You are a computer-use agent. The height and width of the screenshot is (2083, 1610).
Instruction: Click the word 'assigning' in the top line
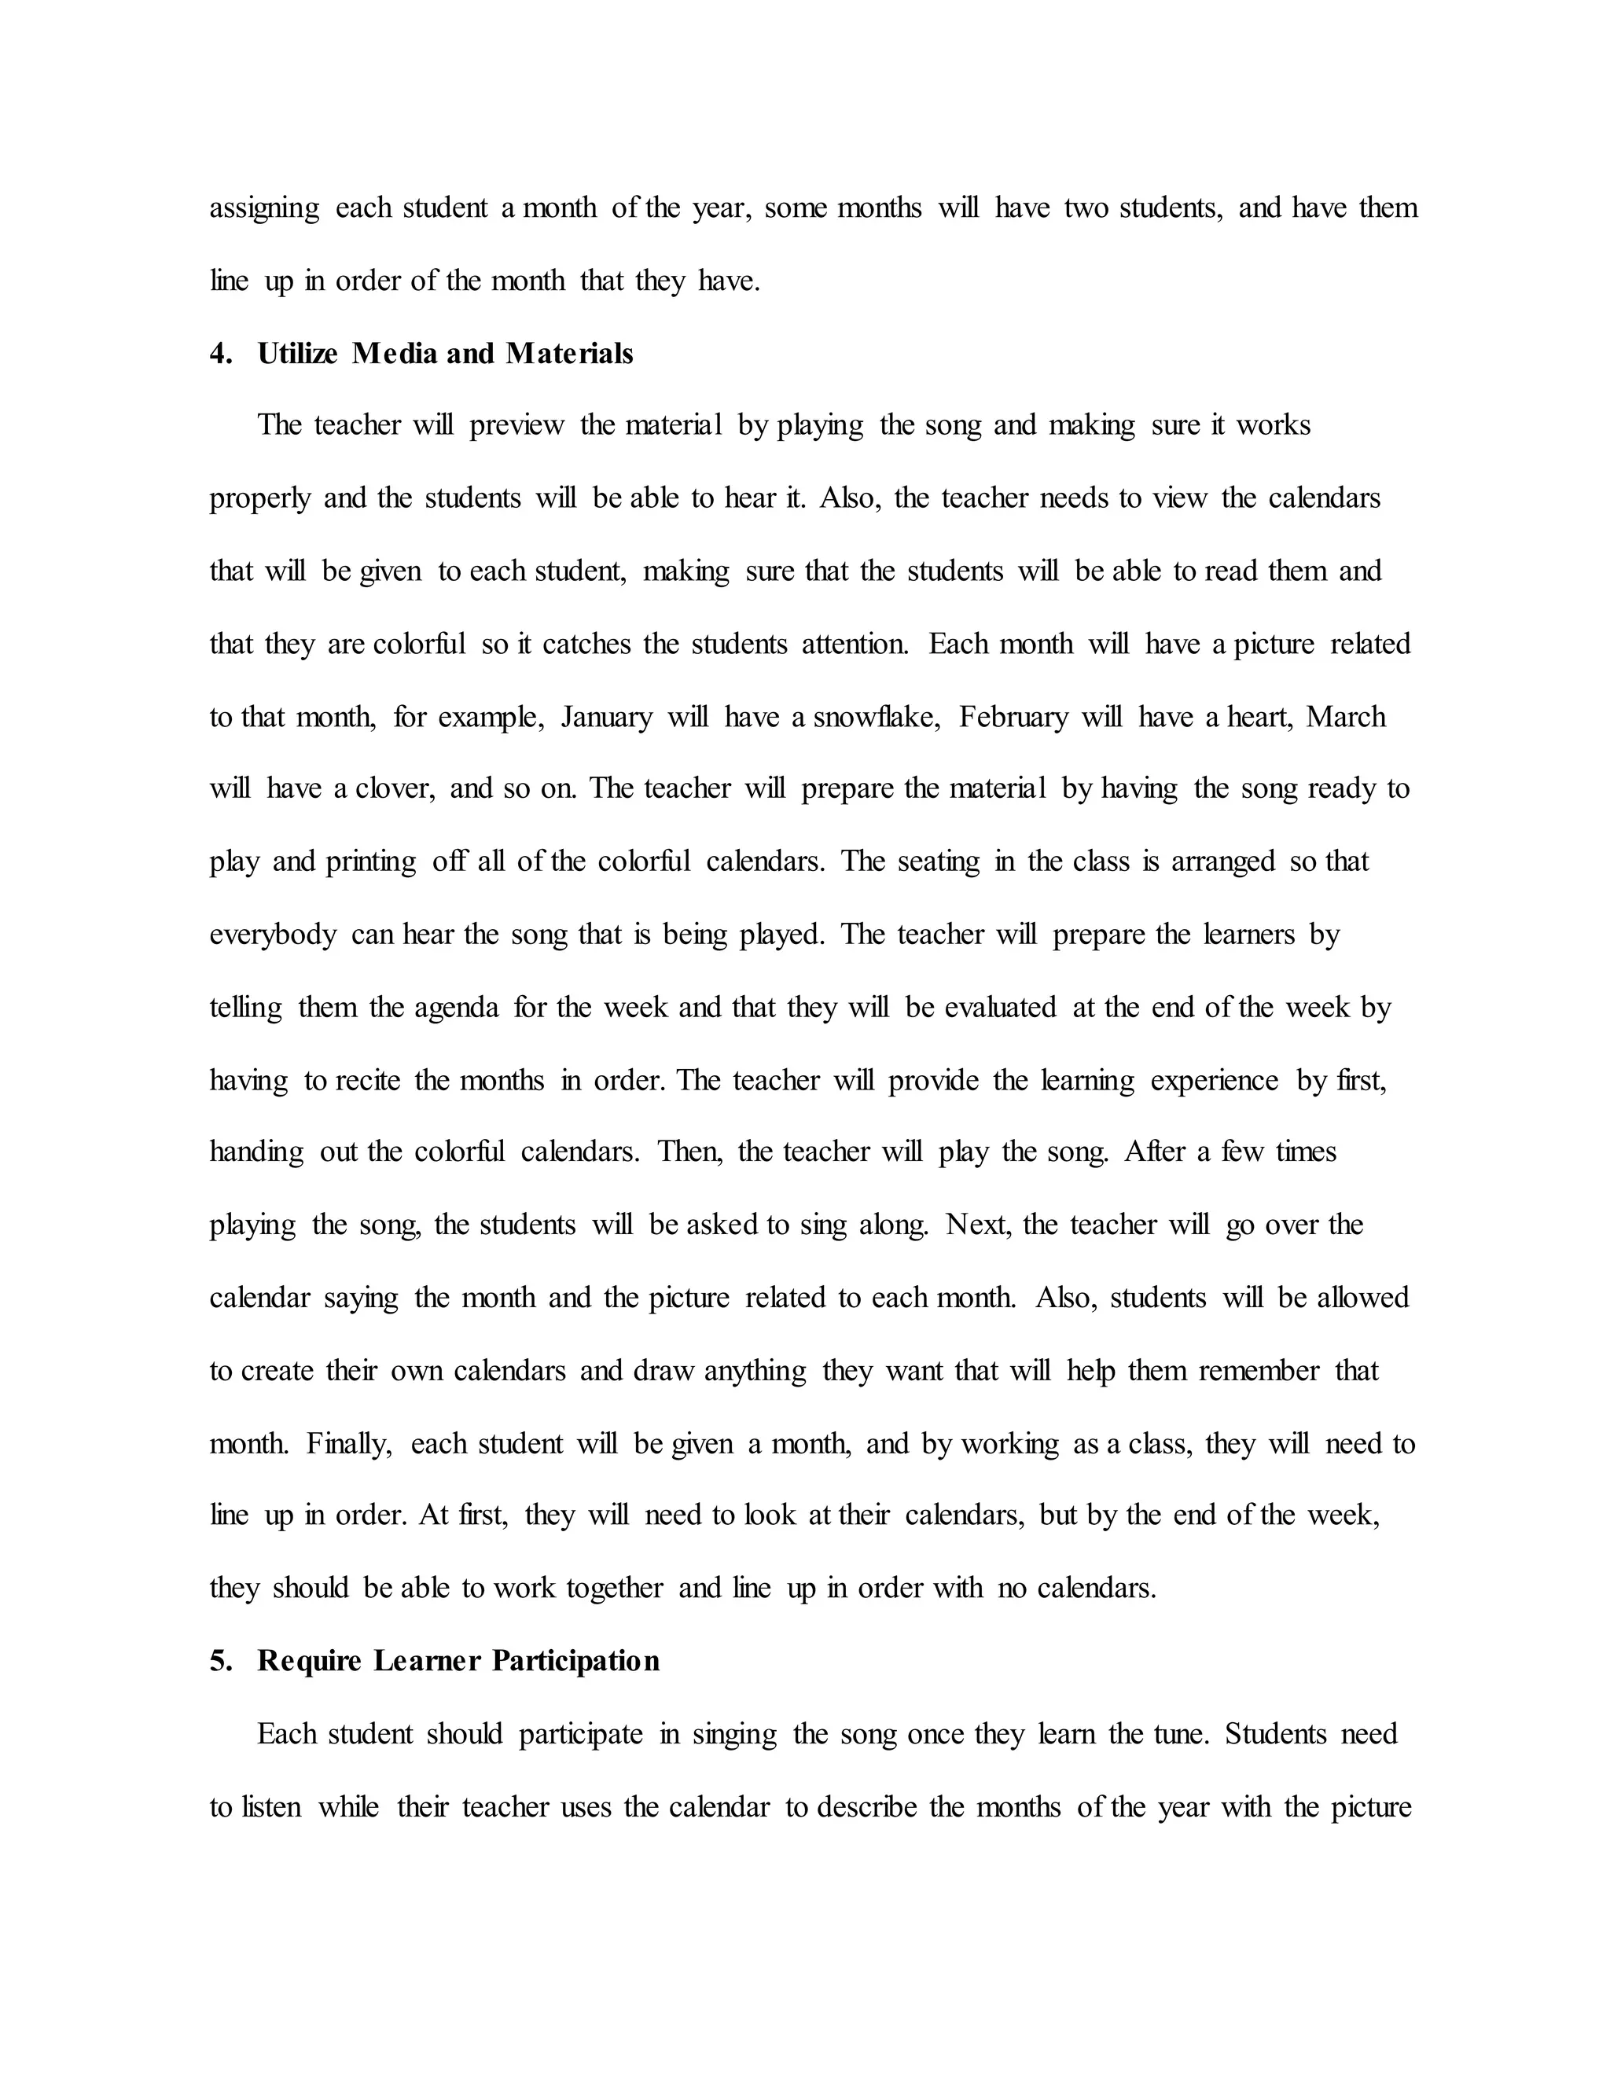pyautogui.click(x=264, y=209)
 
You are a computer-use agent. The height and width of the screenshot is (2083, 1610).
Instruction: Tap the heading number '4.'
pyautogui.click(x=220, y=354)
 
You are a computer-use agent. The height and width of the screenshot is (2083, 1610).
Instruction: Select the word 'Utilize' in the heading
pyautogui.click(x=296, y=354)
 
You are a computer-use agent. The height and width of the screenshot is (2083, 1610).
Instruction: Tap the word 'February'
pyautogui.click(x=1013, y=717)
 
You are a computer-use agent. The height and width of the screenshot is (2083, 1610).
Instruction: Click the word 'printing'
pyautogui.click(x=371, y=862)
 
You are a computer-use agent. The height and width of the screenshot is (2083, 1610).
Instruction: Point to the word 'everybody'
pyautogui.click(x=273, y=935)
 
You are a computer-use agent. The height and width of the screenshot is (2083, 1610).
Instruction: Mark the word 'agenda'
pyautogui.click(x=456, y=1008)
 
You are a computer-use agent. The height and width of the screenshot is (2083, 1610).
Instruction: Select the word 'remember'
pyautogui.click(x=1259, y=1372)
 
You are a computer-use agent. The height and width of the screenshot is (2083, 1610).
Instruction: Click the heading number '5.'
pyautogui.click(x=220, y=1662)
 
